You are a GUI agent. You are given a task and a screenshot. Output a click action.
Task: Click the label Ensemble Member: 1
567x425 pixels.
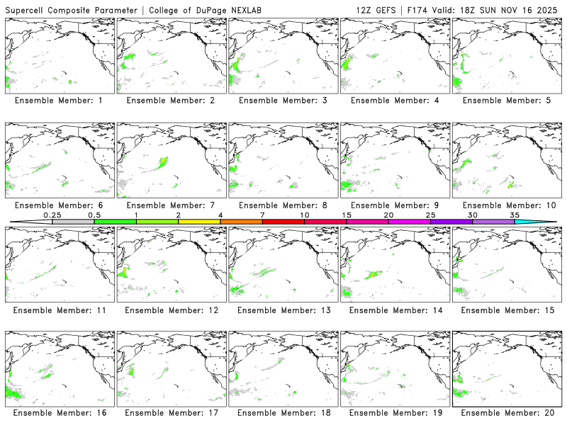coord(59,101)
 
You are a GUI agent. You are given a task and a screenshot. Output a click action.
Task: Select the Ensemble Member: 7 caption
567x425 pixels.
coord(170,205)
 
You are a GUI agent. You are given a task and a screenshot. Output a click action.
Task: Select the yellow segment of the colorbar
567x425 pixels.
coord(199,222)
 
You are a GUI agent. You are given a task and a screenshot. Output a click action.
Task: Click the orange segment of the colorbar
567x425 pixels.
coord(241,222)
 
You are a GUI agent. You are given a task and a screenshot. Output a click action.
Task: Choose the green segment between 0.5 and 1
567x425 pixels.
coord(115,222)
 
